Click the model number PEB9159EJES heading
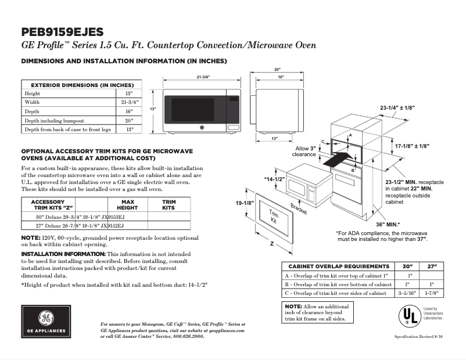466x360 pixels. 63,31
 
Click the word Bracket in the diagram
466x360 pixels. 299,208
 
